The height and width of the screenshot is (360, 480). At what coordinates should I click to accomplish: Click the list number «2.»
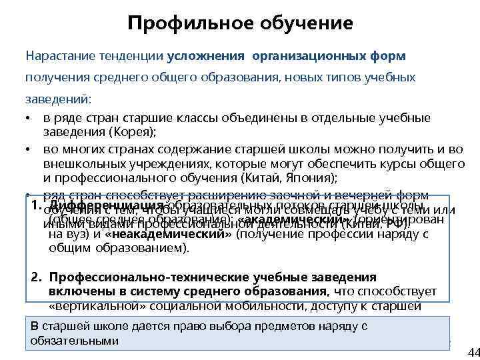pos(38,277)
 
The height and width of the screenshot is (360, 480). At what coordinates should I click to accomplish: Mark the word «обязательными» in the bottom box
pos(74,340)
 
